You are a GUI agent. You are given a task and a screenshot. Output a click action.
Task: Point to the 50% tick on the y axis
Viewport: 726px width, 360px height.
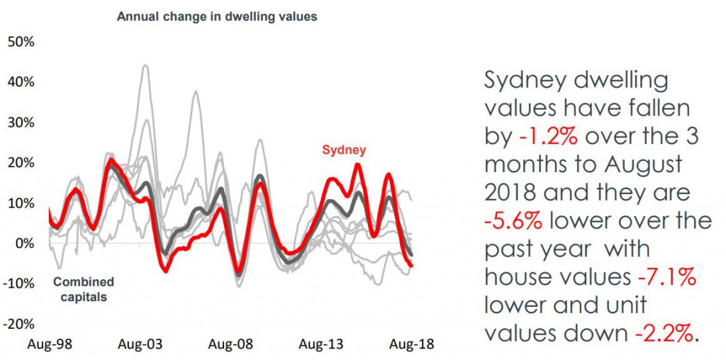(x=21, y=41)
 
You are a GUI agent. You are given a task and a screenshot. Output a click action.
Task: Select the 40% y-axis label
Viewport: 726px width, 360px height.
(x=21, y=81)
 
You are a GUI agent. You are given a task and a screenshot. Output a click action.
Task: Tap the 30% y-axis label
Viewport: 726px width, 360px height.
(x=21, y=122)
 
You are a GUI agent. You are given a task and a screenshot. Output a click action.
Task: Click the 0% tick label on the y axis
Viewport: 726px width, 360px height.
(x=24, y=244)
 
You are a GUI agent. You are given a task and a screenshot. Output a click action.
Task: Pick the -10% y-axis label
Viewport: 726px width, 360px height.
(x=18, y=284)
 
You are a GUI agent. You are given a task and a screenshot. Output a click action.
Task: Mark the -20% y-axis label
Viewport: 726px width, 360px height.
(x=18, y=325)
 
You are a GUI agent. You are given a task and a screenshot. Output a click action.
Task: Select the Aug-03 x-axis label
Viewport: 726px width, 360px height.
(x=140, y=344)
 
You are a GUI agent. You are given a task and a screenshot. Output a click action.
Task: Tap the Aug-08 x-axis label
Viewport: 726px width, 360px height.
(x=230, y=344)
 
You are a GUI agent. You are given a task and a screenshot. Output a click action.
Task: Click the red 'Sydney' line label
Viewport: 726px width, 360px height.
(x=344, y=150)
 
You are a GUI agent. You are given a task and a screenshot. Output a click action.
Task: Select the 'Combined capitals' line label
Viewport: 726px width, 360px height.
(x=83, y=289)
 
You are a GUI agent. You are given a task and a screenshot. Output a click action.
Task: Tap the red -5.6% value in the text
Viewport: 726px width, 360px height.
(x=514, y=220)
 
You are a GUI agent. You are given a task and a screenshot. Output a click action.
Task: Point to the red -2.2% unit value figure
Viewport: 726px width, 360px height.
(x=659, y=333)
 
